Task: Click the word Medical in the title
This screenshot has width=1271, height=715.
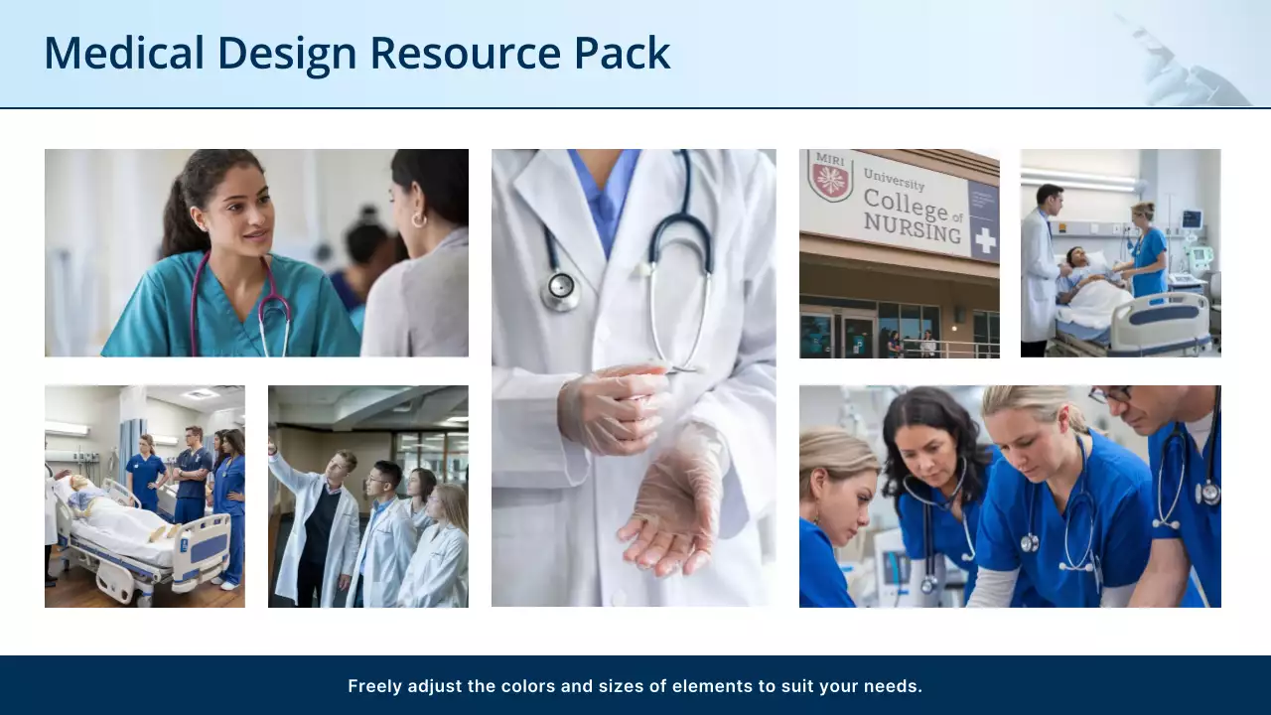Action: (123, 53)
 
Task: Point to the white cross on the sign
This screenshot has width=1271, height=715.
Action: (984, 241)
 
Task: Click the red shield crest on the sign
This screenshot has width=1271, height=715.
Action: (830, 177)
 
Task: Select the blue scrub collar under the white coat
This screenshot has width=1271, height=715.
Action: (603, 194)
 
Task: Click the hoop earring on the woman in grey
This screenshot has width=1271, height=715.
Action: (419, 219)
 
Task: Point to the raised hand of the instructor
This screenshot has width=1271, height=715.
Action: (273, 447)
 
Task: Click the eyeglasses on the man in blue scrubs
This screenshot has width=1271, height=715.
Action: (1110, 394)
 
